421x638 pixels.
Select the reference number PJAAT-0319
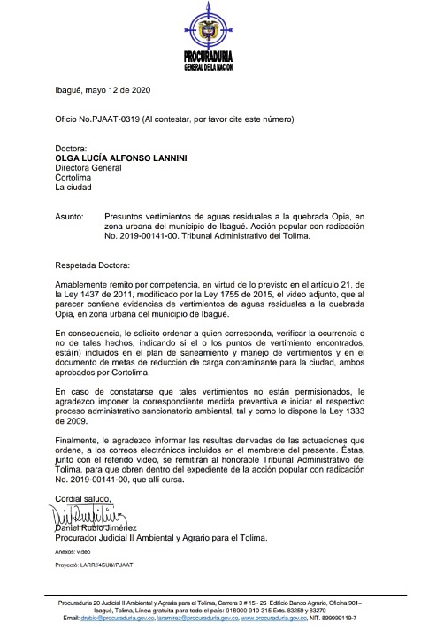tap(92, 119)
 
